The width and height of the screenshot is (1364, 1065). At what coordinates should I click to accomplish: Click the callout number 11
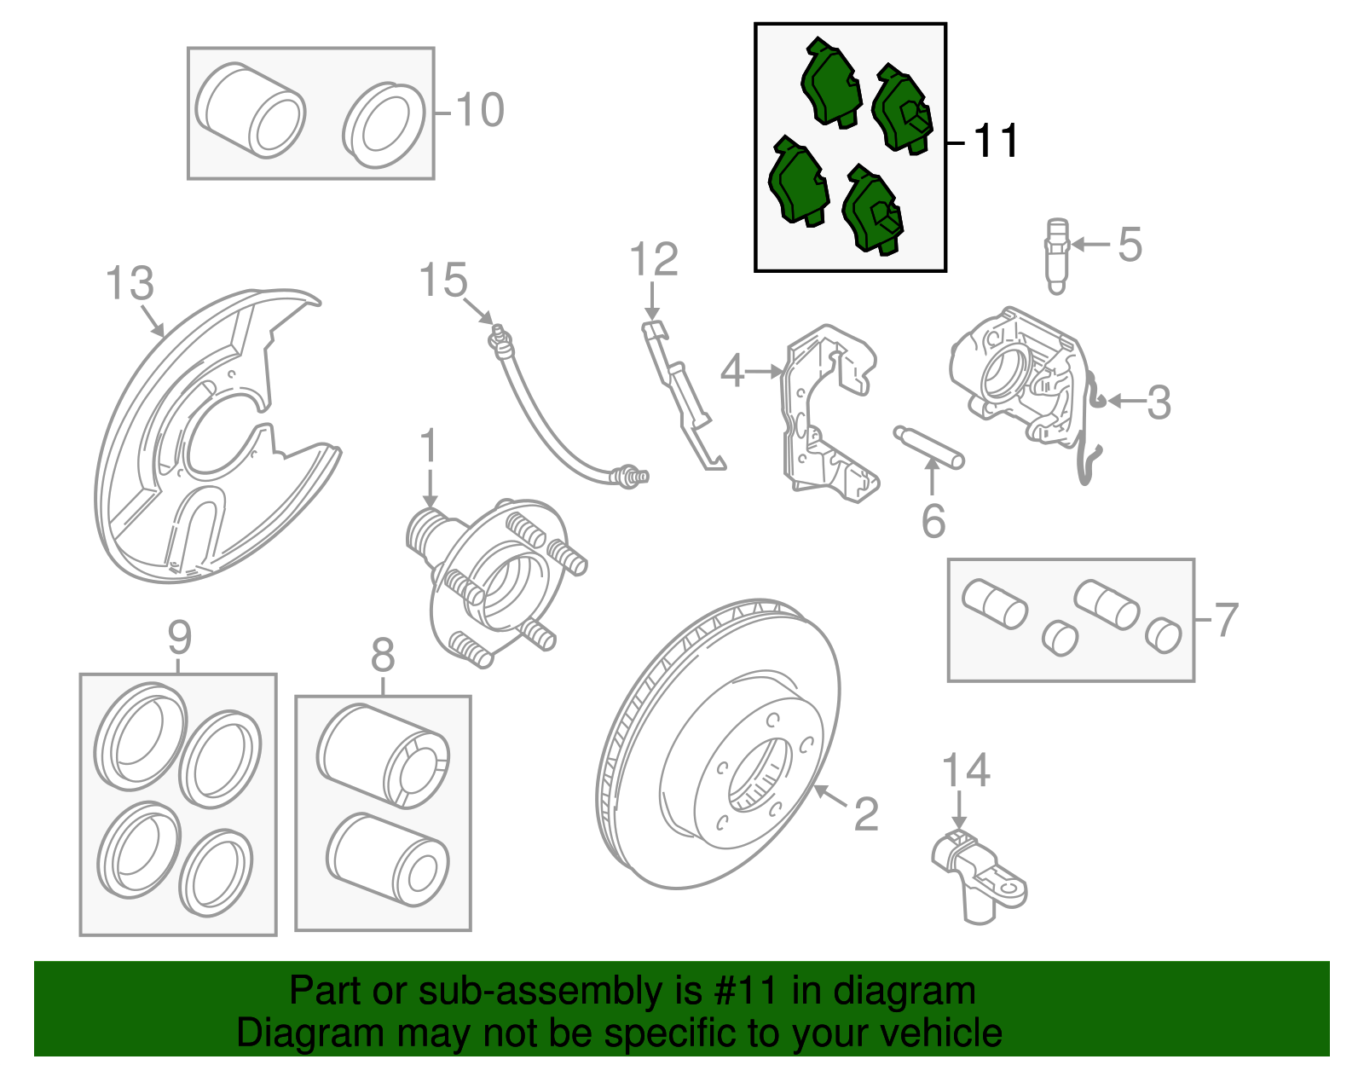995,142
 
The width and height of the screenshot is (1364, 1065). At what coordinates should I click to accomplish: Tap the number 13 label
129,283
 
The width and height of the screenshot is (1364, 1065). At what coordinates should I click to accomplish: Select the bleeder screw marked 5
1056,255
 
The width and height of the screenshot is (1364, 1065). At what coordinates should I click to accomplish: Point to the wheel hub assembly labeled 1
494,580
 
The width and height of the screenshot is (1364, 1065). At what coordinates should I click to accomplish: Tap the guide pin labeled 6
929,447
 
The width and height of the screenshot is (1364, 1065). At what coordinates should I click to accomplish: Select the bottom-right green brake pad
873,211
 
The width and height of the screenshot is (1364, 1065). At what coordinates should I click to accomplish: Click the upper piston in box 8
384,755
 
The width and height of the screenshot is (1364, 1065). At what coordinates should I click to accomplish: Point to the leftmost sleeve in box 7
994,604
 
